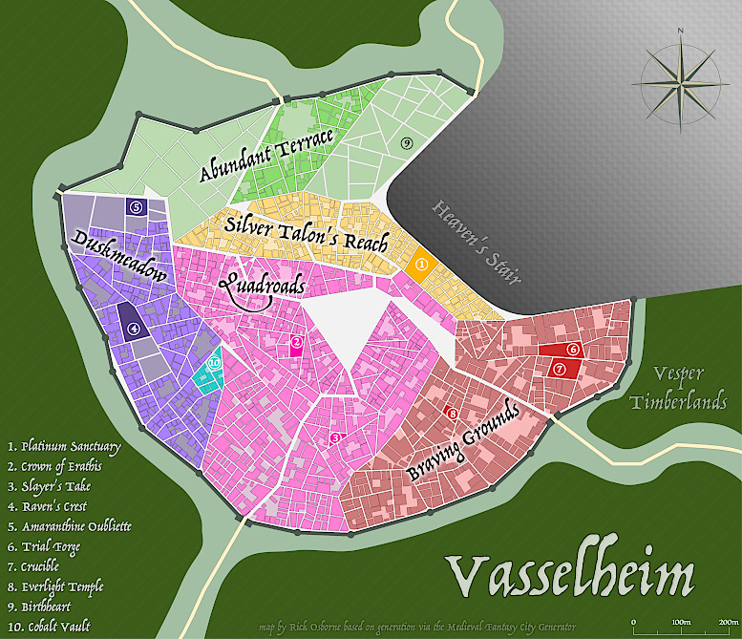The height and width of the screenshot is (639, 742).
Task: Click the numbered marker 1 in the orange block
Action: tap(421, 263)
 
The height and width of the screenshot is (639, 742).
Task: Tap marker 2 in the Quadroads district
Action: tap(297, 342)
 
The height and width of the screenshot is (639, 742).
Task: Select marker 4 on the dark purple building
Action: tap(134, 329)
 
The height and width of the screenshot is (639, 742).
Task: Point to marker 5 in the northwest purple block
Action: tap(136, 206)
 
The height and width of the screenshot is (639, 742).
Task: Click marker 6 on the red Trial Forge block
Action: tap(573, 350)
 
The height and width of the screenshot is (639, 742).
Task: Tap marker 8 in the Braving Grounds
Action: tap(453, 414)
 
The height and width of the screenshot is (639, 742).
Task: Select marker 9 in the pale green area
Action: tap(406, 142)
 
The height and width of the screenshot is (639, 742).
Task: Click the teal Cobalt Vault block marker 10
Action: tap(214, 363)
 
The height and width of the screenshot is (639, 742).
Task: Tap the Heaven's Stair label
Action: tap(476, 243)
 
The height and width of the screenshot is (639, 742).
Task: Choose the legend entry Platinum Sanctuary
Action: tap(63, 446)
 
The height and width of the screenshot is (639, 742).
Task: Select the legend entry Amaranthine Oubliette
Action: tap(69, 526)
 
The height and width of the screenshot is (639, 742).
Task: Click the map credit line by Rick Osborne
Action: tap(417, 628)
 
